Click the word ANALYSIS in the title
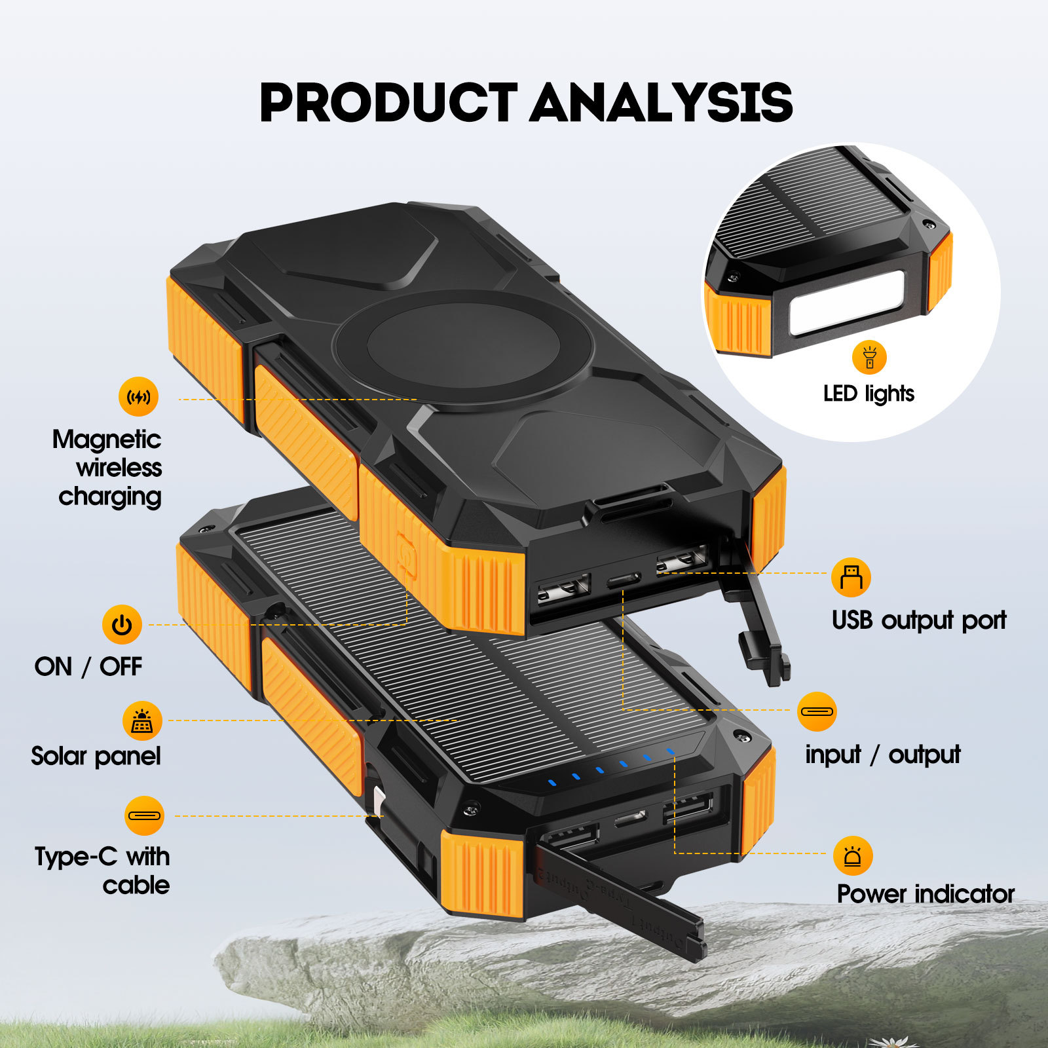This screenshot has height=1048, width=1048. click(x=661, y=103)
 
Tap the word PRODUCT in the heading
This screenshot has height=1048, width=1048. click(x=388, y=103)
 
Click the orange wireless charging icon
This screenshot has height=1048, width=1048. click(x=138, y=396)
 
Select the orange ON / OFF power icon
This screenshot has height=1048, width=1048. click(x=122, y=624)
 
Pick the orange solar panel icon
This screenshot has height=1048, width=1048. click(x=142, y=720)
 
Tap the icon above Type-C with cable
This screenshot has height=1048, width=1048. click(x=144, y=815)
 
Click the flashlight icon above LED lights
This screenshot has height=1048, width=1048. click(x=869, y=358)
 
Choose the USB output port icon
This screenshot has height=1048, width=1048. click(x=851, y=577)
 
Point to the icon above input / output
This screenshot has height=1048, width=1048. click(x=817, y=711)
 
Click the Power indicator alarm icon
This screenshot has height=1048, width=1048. click(x=853, y=855)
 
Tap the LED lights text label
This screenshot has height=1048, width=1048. click(x=869, y=394)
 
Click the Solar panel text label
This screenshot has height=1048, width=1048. click(x=96, y=756)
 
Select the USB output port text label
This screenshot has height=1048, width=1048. click(x=918, y=620)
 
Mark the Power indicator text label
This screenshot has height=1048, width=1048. click(x=926, y=894)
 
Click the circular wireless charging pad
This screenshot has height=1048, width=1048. click(x=462, y=345)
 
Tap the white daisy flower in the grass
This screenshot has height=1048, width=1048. click(x=890, y=1039)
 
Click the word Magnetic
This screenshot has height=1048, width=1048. click(x=107, y=440)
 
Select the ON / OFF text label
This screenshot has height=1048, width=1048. click(x=88, y=667)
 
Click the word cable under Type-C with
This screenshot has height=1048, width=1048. click(x=136, y=886)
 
